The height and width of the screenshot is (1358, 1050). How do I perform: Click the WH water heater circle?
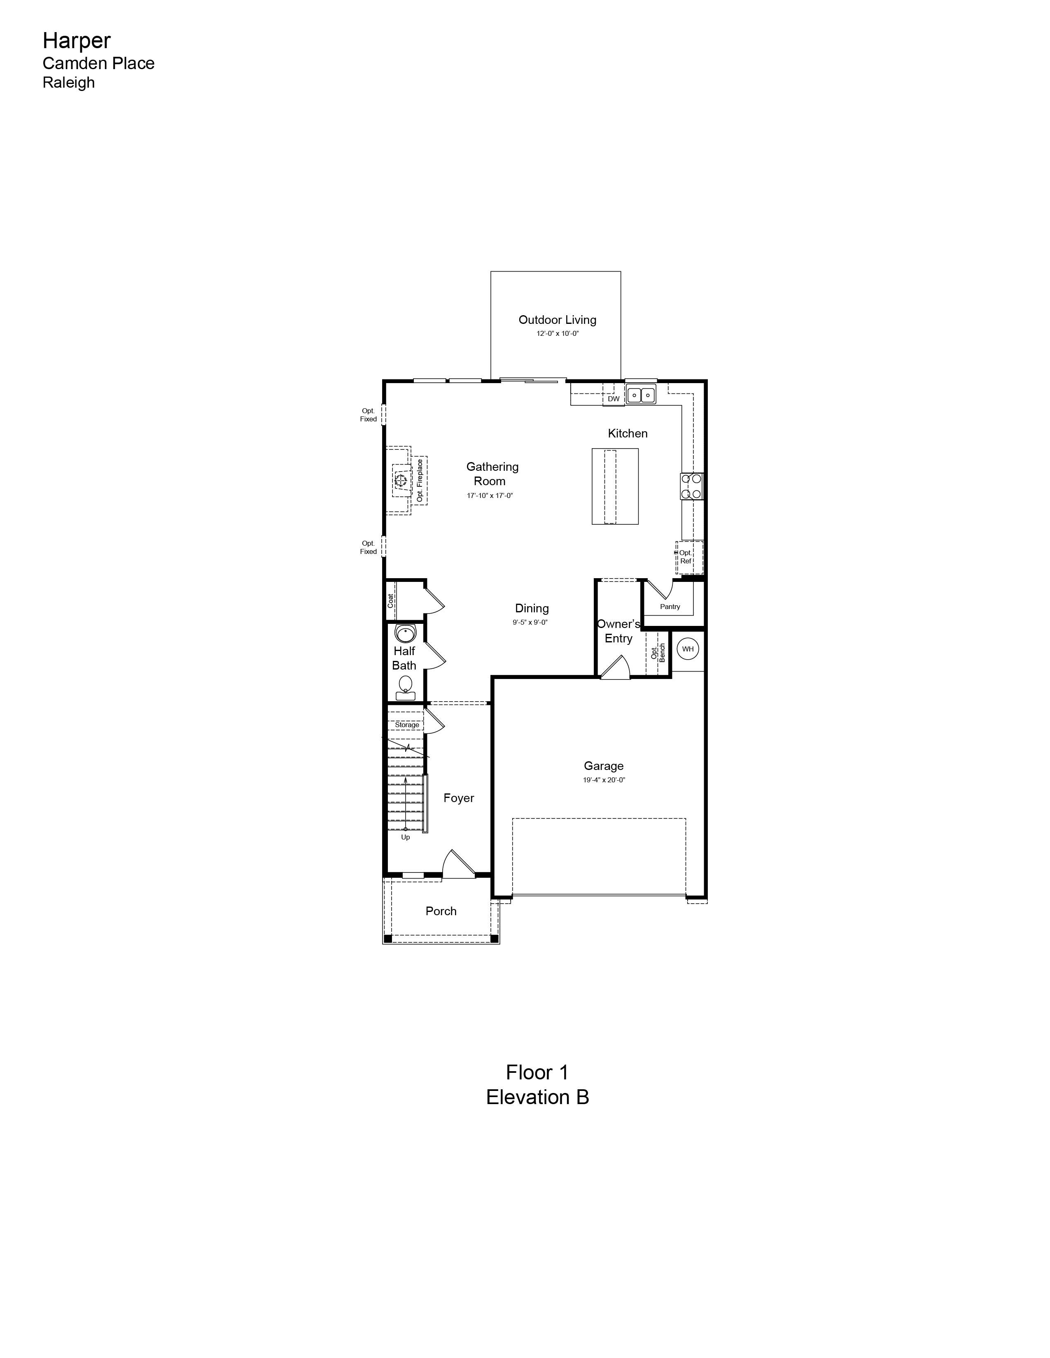click(x=687, y=649)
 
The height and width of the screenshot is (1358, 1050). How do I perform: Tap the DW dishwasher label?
click(x=614, y=399)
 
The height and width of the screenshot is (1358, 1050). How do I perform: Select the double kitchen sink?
click(x=641, y=395)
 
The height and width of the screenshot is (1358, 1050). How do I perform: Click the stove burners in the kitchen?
click(x=692, y=486)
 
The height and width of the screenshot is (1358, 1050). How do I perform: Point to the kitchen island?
click(x=615, y=486)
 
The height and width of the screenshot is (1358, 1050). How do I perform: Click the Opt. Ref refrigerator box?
click(x=690, y=557)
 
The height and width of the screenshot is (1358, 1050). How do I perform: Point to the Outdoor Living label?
click(x=558, y=320)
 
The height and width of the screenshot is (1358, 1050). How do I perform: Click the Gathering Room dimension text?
click(x=490, y=495)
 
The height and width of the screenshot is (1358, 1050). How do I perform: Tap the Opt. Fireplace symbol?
click(x=401, y=480)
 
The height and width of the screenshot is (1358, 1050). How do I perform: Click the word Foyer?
click(x=458, y=798)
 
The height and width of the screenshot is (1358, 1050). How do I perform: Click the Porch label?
click(x=441, y=911)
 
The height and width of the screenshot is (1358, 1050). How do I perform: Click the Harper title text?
click(x=77, y=40)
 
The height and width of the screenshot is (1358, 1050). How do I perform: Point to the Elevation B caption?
click(x=537, y=1097)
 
